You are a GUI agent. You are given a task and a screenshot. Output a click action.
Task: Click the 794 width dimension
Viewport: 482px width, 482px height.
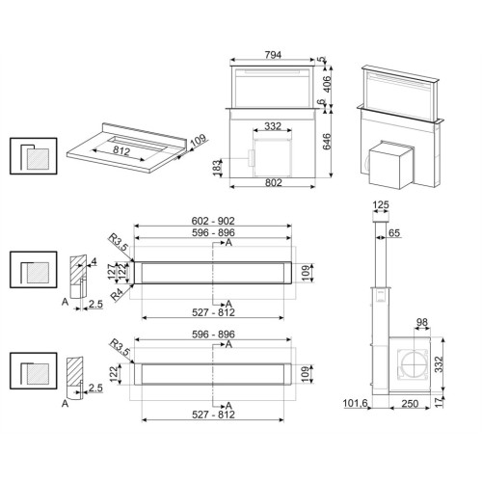(x=273, y=55)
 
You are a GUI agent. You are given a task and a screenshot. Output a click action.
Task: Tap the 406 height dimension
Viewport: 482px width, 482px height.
(x=326, y=84)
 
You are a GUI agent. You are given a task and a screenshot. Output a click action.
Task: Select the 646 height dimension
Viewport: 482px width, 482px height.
(x=326, y=142)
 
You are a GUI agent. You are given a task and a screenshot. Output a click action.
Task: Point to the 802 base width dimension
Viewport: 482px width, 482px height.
(x=273, y=182)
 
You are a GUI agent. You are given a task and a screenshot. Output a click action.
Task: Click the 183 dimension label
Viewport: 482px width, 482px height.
(x=218, y=167)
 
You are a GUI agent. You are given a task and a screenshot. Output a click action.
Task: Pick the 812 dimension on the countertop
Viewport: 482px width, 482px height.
(x=121, y=150)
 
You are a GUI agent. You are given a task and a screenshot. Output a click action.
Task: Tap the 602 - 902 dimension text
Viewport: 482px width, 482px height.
(x=213, y=221)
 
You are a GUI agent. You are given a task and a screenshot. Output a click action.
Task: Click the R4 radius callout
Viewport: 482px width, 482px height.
(x=117, y=294)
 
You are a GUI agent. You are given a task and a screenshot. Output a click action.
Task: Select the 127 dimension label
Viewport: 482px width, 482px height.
(x=111, y=272)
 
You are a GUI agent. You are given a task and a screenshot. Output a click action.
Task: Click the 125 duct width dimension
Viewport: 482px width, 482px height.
(x=381, y=204)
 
